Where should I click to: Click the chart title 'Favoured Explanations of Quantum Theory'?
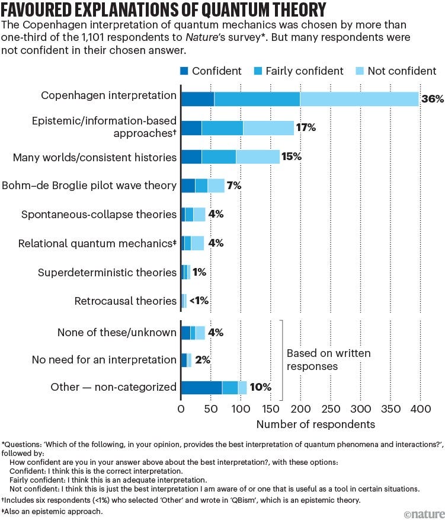tap(163, 10)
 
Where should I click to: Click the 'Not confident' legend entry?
tap(402, 71)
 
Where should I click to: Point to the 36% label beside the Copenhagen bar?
tap(432, 99)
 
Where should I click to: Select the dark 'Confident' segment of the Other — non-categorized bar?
tap(201, 387)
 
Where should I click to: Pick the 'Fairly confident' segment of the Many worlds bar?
tap(219, 157)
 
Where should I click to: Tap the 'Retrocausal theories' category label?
tap(126, 301)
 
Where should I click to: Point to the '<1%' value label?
tap(199, 301)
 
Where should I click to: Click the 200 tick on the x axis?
tap(300, 409)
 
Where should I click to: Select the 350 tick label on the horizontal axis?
tap(390, 409)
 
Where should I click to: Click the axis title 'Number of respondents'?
tap(315, 425)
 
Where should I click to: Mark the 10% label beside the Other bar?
tap(260, 387)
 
